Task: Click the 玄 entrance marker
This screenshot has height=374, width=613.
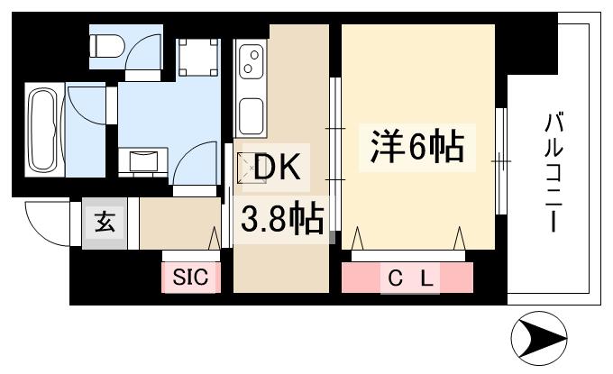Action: [105, 223]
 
